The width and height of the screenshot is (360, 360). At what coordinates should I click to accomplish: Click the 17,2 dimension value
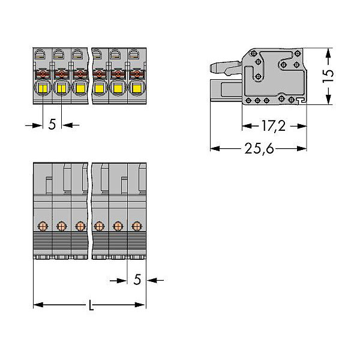pyautogui.click(x=274, y=126)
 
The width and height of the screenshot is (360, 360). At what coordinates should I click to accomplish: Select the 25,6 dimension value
pyautogui.click(x=259, y=148)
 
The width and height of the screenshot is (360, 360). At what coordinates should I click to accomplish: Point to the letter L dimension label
pyautogui.click(x=91, y=305)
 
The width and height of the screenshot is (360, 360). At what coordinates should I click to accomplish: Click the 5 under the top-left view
pyautogui.click(x=52, y=124)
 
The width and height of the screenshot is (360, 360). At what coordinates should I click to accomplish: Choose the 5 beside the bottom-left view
pyautogui.click(x=137, y=280)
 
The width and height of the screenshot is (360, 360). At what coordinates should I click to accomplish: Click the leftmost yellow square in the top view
pyautogui.click(x=43, y=88)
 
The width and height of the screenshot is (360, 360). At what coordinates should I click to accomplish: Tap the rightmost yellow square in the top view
pyautogui.click(x=137, y=88)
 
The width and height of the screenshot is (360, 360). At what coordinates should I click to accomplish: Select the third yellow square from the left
pyautogui.click(x=80, y=88)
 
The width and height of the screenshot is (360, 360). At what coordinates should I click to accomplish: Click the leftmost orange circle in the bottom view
pyautogui.click(x=43, y=226)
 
